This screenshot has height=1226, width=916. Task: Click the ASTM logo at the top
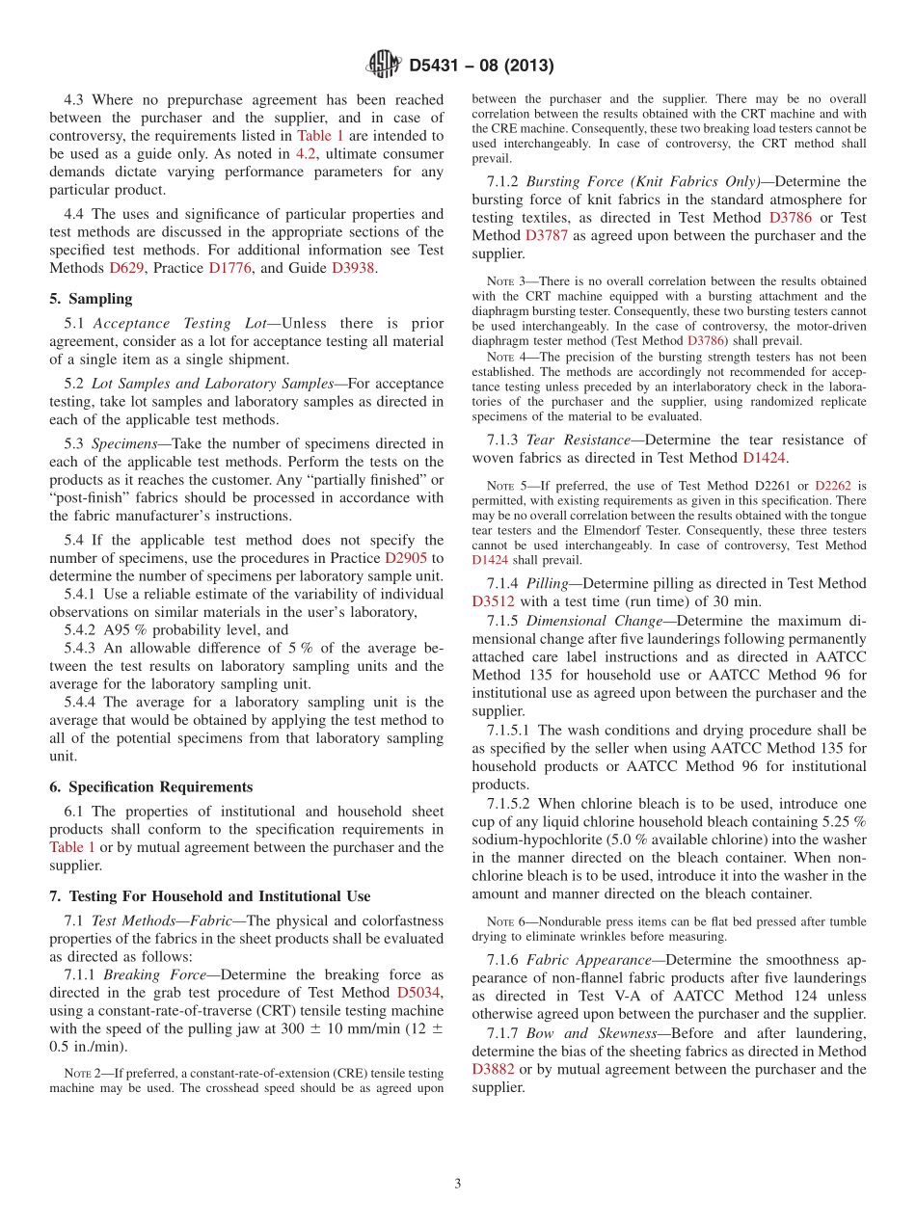384,65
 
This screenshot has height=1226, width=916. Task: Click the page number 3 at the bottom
458,1184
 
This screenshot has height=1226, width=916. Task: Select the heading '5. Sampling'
91,299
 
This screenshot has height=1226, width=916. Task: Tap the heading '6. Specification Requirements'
150,786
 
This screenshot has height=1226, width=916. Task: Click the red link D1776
230,268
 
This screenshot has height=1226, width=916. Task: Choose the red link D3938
353,268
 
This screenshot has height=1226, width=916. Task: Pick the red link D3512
494,601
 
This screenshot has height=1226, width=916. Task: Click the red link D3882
494,1069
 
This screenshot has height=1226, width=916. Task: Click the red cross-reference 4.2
305,154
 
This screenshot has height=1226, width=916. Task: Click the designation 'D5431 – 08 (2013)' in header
480,66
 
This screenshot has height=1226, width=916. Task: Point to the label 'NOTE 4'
506,357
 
